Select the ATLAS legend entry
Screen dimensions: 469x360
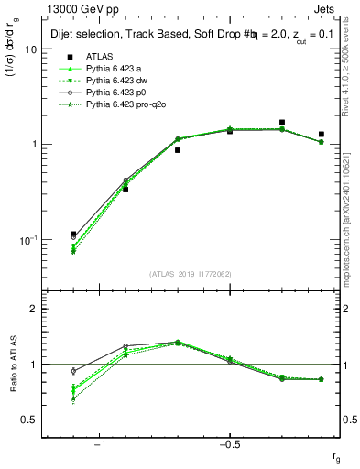[100, 56]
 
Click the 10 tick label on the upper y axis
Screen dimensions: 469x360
[30, 49]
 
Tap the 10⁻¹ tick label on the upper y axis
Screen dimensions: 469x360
[27, 239]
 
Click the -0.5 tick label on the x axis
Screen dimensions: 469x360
[228, 443]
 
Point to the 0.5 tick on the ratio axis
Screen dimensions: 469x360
[30, 420]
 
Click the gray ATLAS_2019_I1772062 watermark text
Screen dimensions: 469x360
[191, 274]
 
